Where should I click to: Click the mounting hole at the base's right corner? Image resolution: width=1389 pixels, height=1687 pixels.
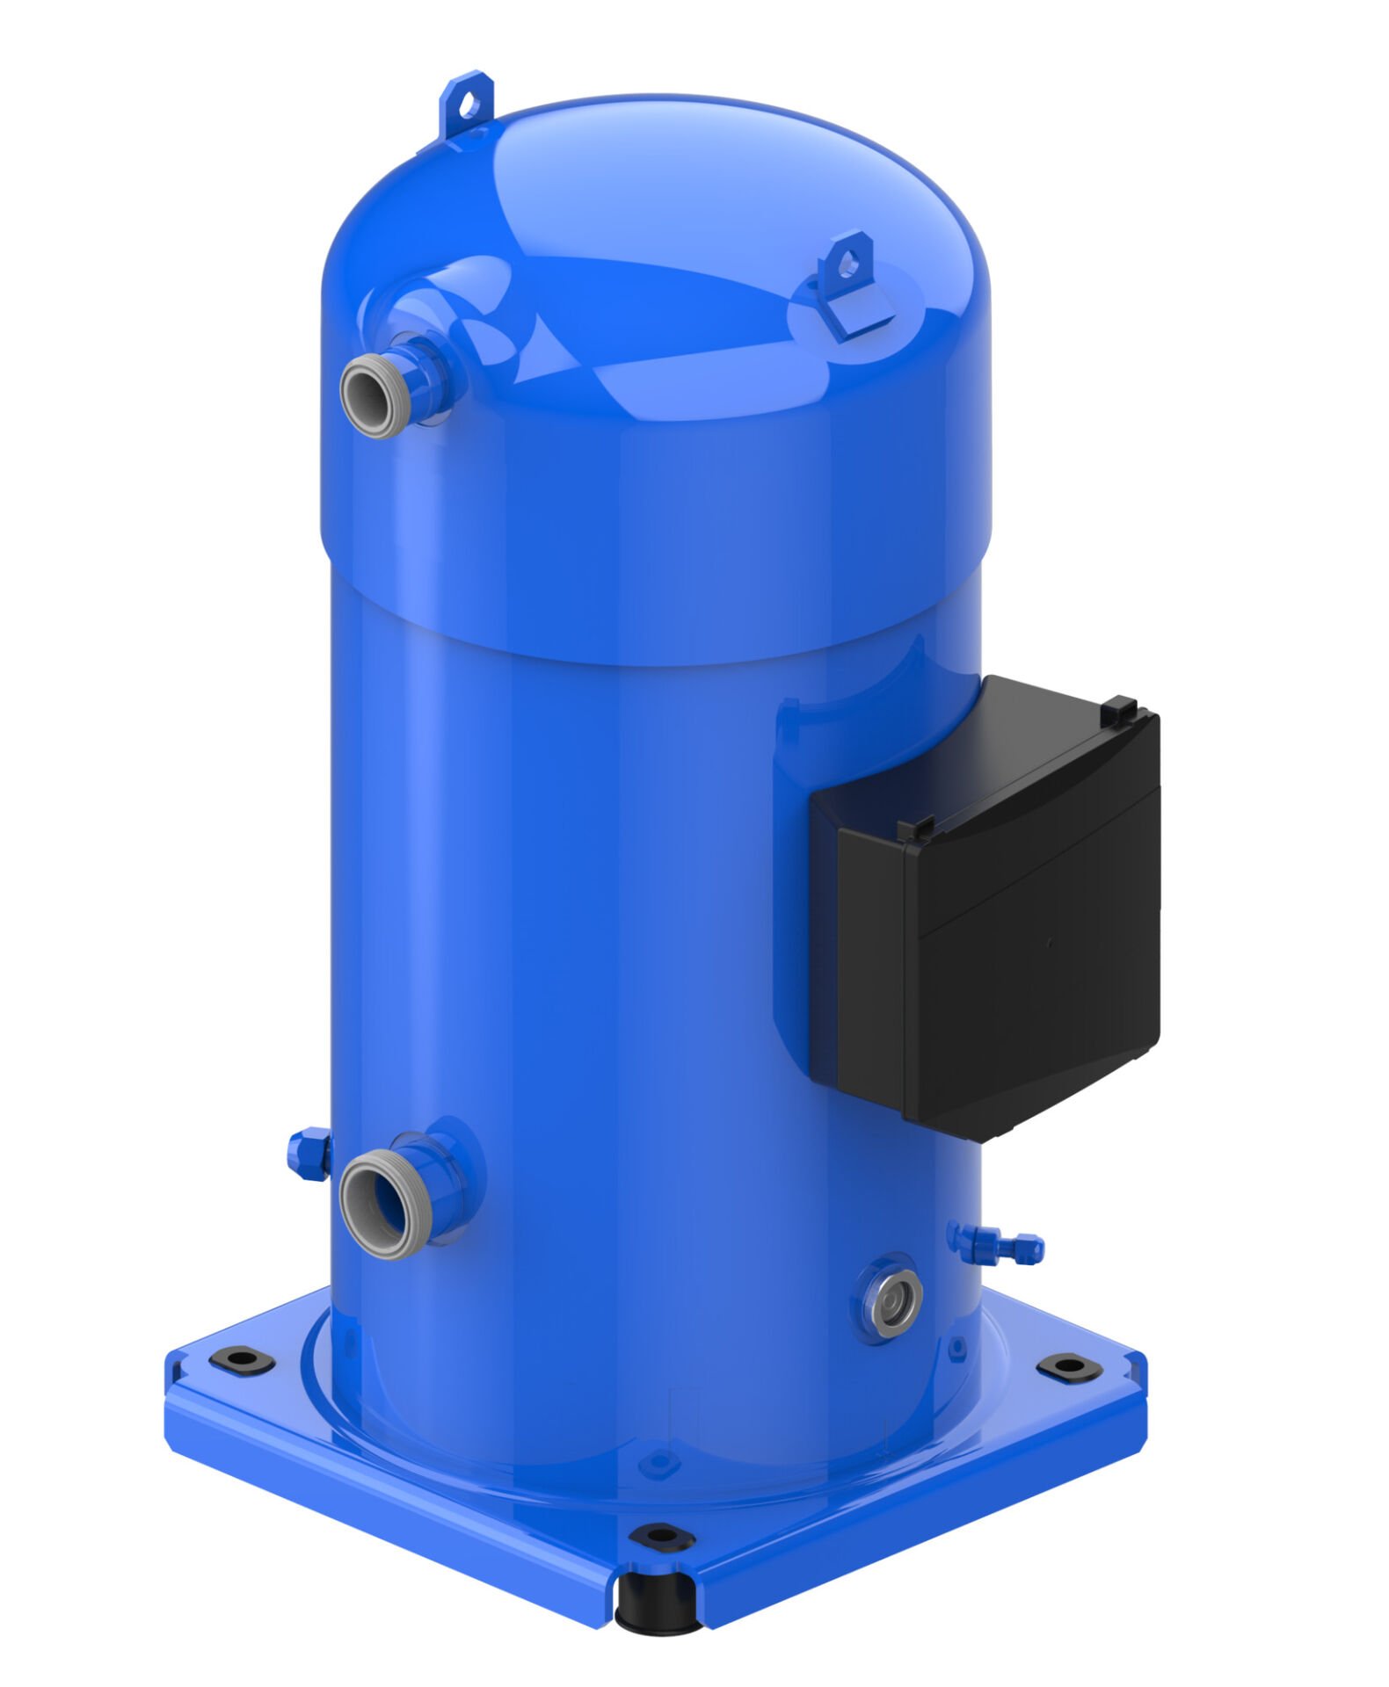[1065, 1366]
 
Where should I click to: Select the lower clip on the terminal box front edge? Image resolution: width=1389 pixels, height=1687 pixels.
[919, 828]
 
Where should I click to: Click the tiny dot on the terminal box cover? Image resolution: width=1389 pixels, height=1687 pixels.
[1049, 942]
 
